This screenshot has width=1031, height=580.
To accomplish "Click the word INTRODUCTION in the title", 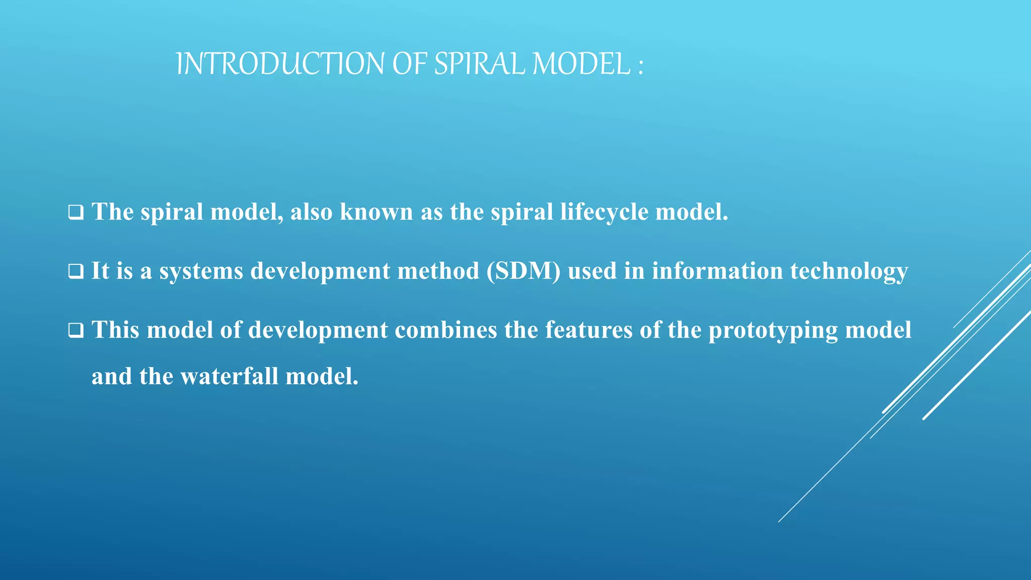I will [280, 64].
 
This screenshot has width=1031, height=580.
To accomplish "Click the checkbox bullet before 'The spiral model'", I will [76, 212].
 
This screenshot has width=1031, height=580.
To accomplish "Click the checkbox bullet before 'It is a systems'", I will [76, 272].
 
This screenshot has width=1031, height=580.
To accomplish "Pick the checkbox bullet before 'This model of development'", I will [76, 331].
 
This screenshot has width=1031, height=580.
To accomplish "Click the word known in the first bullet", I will [376, 212].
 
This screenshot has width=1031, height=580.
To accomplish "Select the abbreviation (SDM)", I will [523, 271].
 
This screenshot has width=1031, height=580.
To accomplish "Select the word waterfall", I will [229, 377].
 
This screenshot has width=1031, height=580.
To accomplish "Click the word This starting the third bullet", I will [115, 330].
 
